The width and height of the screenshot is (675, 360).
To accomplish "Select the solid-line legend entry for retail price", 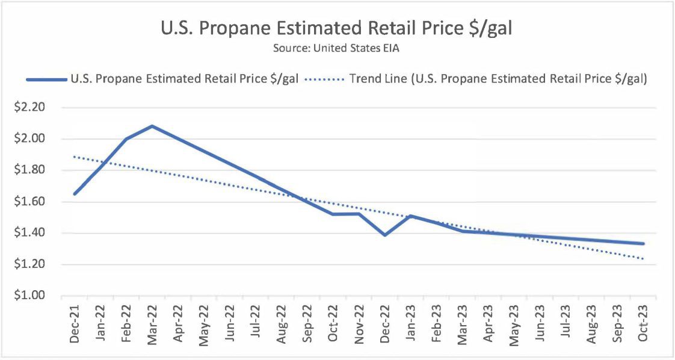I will coord(162,79).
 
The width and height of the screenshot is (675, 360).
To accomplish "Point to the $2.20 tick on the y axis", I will coord(29,108).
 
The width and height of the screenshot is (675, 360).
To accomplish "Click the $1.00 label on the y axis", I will coord(29,296).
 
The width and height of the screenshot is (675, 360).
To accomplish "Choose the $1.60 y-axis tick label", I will coord(29,202).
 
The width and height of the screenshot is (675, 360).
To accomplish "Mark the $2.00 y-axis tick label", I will coord(29,139).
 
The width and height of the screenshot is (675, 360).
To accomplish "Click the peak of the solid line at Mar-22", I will coord(152,126).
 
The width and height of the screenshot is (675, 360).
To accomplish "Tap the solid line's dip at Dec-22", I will coord(384,235).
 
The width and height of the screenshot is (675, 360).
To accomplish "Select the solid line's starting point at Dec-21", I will coord(75,194).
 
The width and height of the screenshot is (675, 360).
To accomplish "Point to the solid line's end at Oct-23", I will coord(643,244).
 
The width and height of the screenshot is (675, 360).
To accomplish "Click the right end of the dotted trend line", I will coord(643,259).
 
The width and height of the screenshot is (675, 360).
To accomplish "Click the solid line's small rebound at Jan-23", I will coord(410,216).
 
